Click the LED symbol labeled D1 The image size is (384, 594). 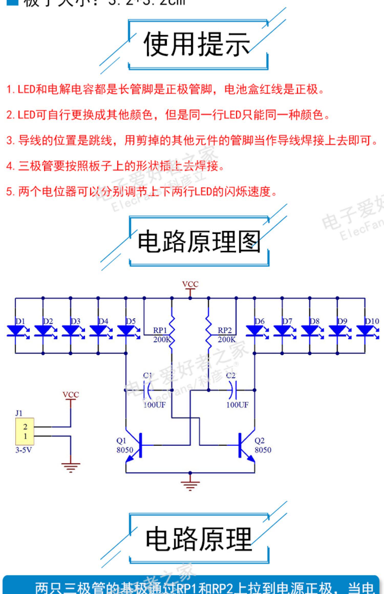pyautogui.click(x=15, y=331)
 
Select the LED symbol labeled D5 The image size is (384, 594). pyautogui.click(x=126, y=331)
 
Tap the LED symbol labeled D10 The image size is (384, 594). pyautogui.click(x=365, y=331)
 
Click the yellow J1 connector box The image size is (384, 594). pyautogui.click(x=25, y=432)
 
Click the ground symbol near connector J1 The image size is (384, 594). pyautogui.click(x=71, y=467)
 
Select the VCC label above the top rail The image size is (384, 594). pyautogui.click(x=190, y=284)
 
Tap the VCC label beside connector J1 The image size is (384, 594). pyautogui.click(x=71, y=395)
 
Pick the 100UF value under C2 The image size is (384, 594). pyautogui.click(x=237, y=405)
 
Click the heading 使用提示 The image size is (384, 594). pyautogui.click(x=197, y=44)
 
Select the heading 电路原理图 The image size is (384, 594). pyautogui.click(x=199, y=241)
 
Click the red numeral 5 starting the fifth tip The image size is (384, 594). pyautogui.click(x=9, y=192)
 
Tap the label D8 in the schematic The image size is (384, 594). pyautogui.click(x=315, y=321)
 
